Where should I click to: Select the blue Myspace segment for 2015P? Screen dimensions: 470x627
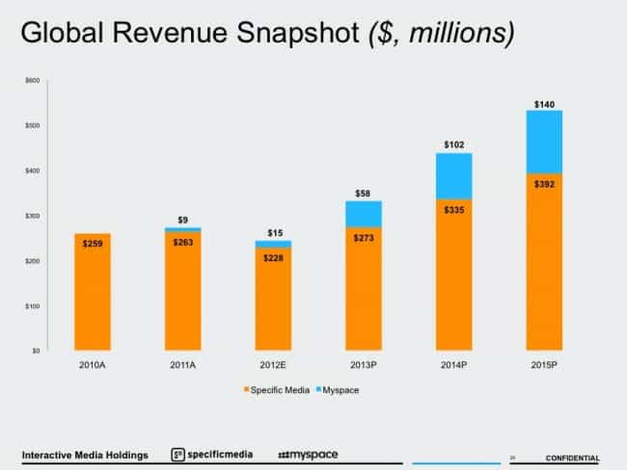[544, 142]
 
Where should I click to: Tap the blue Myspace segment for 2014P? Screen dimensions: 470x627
[453, 175]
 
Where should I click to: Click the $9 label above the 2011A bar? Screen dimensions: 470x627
[182, 219]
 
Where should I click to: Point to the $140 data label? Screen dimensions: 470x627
[544, 103]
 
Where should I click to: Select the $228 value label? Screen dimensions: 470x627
[273, 256]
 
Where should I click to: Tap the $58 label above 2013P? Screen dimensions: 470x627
[363, 194]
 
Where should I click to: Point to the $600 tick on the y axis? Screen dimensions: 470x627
[34, 80]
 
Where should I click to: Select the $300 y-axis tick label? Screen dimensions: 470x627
[34, 216]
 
